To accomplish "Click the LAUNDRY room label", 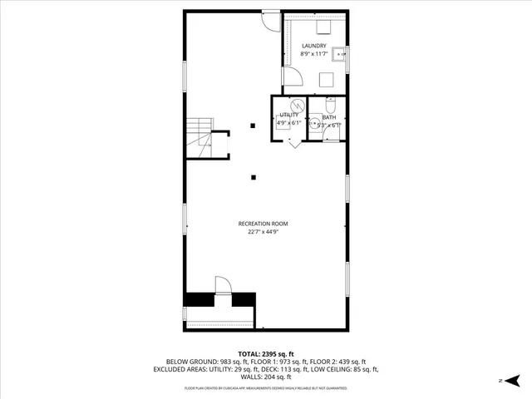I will [313, 47].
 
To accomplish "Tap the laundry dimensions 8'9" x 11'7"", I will [313, 55].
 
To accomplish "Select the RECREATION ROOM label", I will [264, 224].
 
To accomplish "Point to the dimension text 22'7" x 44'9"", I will [264, 233].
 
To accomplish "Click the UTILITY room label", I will [288, 115].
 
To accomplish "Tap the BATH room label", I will [329, 117].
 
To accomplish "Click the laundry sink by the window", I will [339, 56].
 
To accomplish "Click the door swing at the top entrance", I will [271, 20].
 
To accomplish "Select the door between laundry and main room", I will [292, 79].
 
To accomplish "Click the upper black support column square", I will [254, 126].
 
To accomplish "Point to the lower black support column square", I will [254, 176].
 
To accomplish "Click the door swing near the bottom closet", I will [222, 285].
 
